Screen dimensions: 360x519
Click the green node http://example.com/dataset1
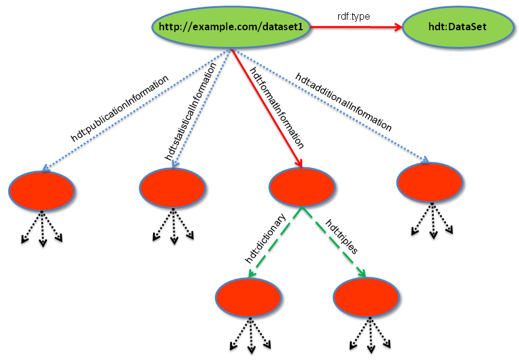(230, 27)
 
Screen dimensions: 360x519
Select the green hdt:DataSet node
(458, 27)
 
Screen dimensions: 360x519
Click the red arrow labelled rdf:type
(355, 27)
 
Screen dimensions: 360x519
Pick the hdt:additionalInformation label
(343, 102)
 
